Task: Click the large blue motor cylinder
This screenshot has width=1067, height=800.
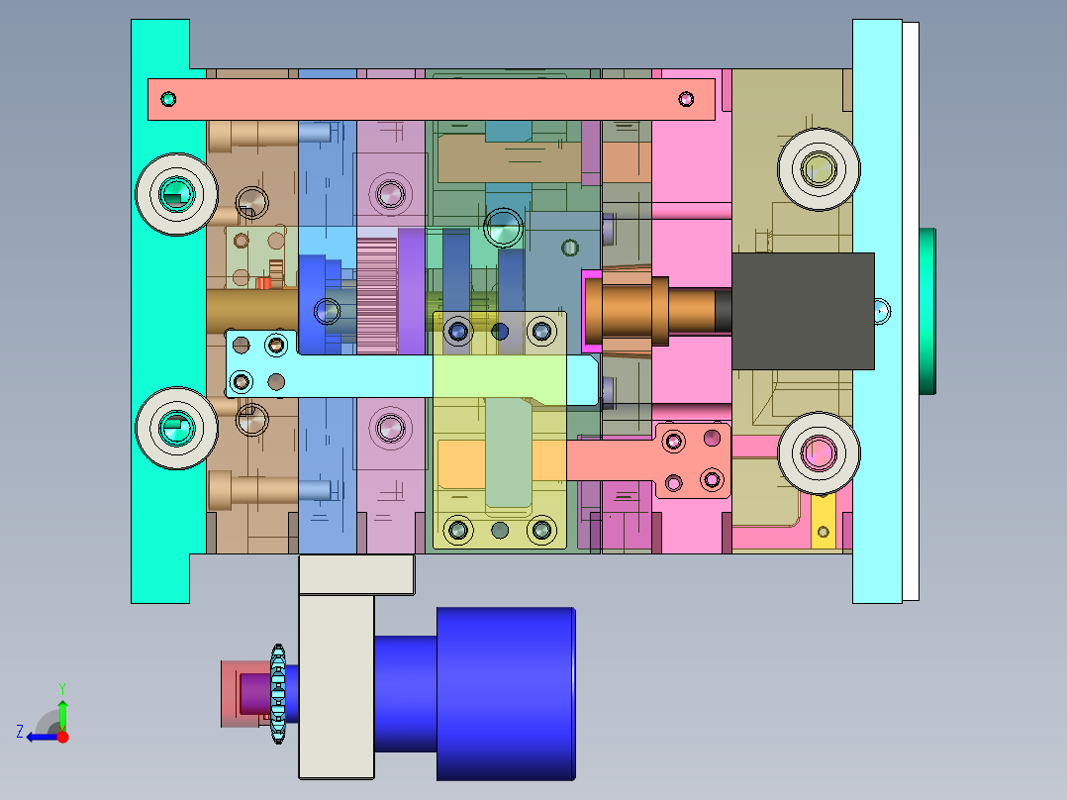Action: pos(505,693)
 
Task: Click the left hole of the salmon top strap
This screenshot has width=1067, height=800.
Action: pos(168,99)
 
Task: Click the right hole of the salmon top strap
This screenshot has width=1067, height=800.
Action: pos(686,98)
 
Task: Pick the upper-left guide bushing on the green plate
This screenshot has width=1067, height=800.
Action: pos(177,194)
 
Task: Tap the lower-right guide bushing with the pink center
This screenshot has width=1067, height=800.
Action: pos(819,452)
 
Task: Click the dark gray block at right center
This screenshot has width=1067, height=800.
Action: pos(804,311)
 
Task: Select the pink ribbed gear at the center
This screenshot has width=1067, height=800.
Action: pos(376,295)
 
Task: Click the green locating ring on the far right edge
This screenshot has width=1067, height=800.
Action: pos(927,311)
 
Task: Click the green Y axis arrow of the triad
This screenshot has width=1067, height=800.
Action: pos(62,711)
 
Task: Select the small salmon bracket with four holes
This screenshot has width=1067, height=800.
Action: pos(692,460)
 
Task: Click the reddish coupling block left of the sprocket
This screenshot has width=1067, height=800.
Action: pos(242,692)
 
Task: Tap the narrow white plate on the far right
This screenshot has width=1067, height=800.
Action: pos(911,311)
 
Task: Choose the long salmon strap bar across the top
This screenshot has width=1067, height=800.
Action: pos(431,99)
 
